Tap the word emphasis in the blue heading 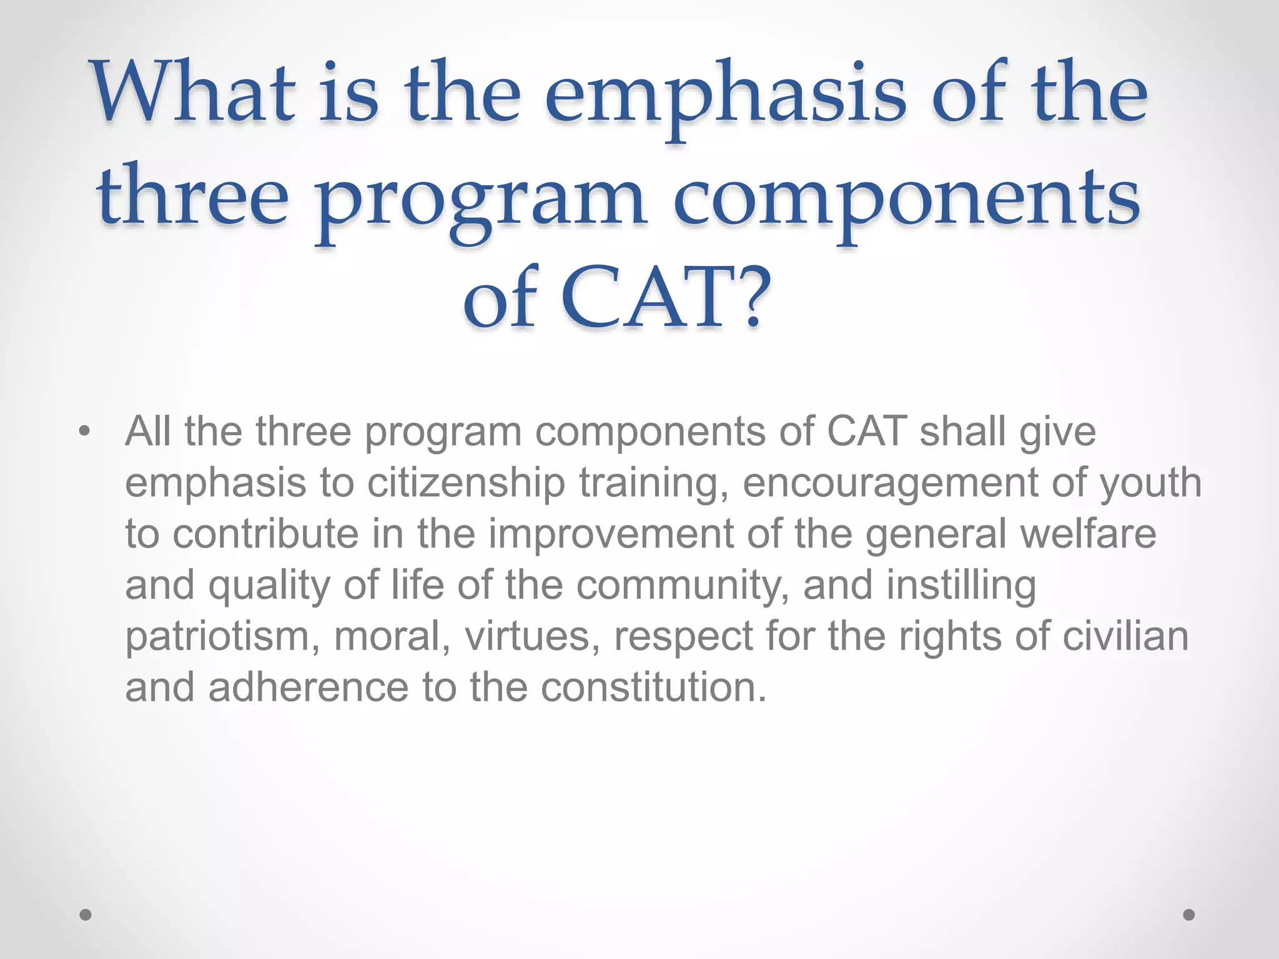point(724,97)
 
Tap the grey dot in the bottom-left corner point(86,915)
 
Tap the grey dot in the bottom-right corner point(1189,915)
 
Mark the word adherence point(309,687)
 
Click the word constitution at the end point(653,687)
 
